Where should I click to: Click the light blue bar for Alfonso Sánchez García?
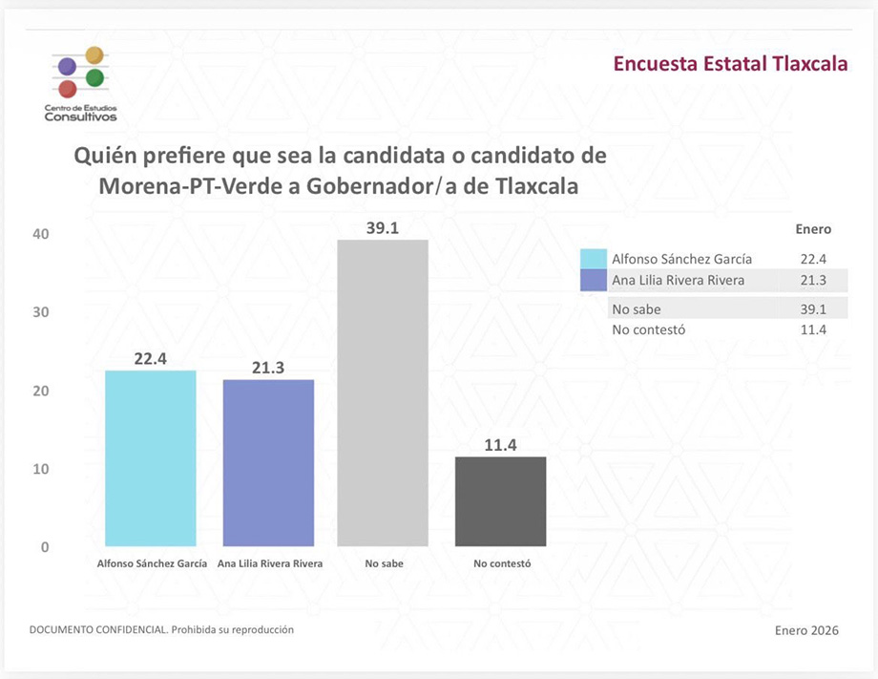click(151, 458)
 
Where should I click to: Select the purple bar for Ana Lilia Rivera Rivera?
click(268, 463)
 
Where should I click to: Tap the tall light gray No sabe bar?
click(384, 393)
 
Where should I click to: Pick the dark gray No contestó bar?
click(500, 501)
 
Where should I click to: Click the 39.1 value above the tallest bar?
click(383, 227)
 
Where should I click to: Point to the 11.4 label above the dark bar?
click(500, 445)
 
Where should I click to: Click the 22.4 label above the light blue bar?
click(151, 358)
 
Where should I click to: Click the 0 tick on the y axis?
click(44, 547)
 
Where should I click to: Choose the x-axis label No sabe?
click(384, 563)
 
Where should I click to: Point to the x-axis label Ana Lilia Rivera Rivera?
click(270, 563)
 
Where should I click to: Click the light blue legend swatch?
click(593, 259)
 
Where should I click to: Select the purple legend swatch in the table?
click(593, 280)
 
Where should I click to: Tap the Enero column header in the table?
click(813, 229)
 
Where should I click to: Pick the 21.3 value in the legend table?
click(813, 280)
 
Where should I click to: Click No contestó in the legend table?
click(648, 330)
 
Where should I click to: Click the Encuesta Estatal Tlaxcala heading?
click(730, 65)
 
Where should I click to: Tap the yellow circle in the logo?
click(94, 55)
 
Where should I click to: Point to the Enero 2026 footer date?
click(806, 630)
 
